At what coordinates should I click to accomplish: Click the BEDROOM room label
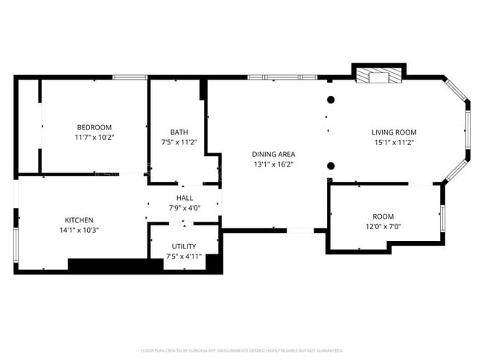point(94,127)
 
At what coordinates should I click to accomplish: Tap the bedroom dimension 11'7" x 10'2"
point(94,138)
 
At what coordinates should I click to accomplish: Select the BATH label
point(179,132)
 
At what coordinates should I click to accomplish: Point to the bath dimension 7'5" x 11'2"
point(179,142)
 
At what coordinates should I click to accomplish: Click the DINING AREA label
point(274,154)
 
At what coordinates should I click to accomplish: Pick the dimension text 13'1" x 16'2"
point(274,164)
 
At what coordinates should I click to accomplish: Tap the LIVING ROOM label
point(394,132)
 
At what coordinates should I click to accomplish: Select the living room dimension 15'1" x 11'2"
point(394,142)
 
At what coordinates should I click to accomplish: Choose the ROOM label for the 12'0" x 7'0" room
point(383,216)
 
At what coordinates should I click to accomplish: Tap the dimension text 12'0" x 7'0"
point(383,227)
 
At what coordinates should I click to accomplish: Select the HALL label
point(185,198)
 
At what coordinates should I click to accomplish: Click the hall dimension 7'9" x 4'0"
point(185,208)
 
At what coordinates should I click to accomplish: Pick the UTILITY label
point(183,246)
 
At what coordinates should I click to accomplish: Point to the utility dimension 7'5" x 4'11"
point(183,257)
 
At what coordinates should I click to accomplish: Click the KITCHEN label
point(79,220)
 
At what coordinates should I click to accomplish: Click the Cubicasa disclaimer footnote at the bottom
point(242,350)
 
